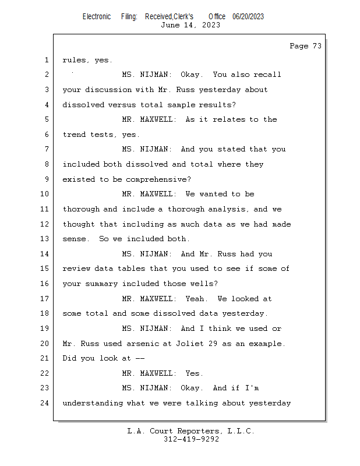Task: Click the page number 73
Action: tap(317, 46)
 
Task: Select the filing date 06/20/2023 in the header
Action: tap(248, 17)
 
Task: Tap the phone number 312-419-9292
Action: tap(191, 439)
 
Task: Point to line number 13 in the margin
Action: tap(44, 239)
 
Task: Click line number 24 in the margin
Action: tap(44, 403)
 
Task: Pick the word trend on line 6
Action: tap(74, 135)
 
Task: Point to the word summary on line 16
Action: tap(101, 284)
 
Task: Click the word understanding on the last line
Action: tap(93, 403)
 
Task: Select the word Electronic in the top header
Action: tap(97, 17)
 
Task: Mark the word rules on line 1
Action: tap(74, 60)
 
